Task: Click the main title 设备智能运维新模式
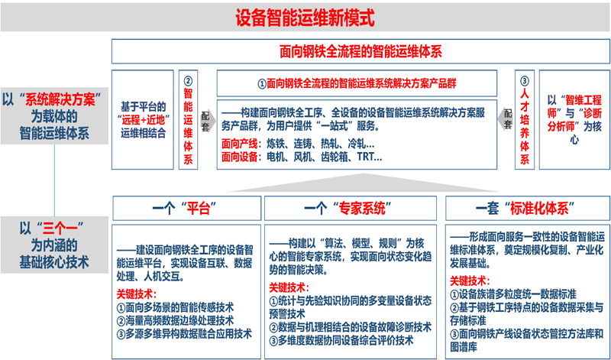click(305, 18)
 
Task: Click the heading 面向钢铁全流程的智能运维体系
click(360, 51)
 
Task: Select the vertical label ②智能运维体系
click(188, 120)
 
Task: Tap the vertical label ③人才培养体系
click(525, 120)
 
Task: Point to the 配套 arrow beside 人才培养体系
click(506, 120)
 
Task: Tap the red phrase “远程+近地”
click(143, 120)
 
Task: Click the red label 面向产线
click(239, 144)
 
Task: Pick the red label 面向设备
click(239, 157)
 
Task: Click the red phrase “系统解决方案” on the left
click(60, 100)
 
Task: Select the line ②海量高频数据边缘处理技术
click(175, 320)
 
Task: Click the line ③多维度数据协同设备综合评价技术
click(341, 340)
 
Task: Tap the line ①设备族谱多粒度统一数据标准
click(512, 294)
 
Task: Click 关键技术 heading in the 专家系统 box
click(289, 288)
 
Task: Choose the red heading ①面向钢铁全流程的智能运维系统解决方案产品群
click(357, 83)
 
